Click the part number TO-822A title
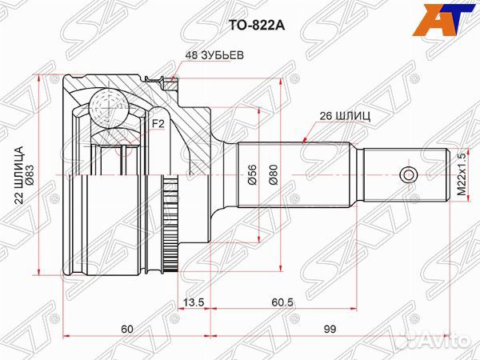239,25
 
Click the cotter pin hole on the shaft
407,174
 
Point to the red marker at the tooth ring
172,78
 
